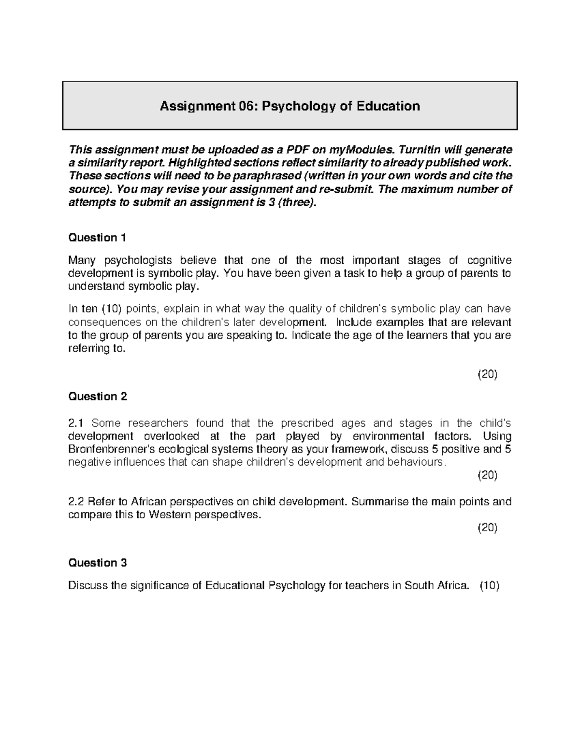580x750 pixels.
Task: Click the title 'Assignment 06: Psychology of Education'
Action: pos(290,106)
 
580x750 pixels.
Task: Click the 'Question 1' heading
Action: pos(97,238)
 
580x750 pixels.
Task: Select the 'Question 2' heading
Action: pos(98,396)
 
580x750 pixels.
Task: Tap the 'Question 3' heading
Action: pos(98,563)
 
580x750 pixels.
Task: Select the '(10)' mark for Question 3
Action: pos(489,586)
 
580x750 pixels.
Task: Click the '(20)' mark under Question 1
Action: pos(487,374)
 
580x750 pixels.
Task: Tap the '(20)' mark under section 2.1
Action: pos(487,475)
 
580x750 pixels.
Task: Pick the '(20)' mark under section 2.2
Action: pos(487,528)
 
